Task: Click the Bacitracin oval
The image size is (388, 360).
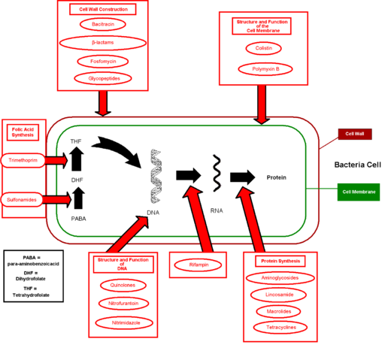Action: tap(103, 25)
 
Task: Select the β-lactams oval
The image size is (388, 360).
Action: tap(103, 43)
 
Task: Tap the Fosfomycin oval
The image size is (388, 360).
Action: tap(103, 61)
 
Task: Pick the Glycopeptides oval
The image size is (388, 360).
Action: tap(103, 77)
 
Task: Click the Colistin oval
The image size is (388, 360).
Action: tap(262, 48)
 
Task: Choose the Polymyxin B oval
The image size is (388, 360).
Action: tap(262, 69)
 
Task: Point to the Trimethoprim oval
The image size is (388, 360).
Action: tap(23, 161)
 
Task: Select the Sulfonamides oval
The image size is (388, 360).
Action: tap(23, 200)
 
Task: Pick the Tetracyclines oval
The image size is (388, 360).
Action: tap(280, 328)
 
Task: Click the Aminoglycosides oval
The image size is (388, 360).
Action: tap(280, 278)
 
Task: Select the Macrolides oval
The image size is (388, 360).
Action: tap(280, 311)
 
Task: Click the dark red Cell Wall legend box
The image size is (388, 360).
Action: tap(354, 134)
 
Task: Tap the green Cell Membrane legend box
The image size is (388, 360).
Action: tap(358, 192)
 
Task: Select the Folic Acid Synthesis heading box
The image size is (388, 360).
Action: tap(23, 132)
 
